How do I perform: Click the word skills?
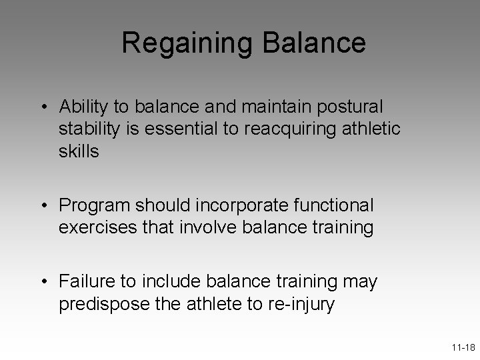[x=79, y=151]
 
